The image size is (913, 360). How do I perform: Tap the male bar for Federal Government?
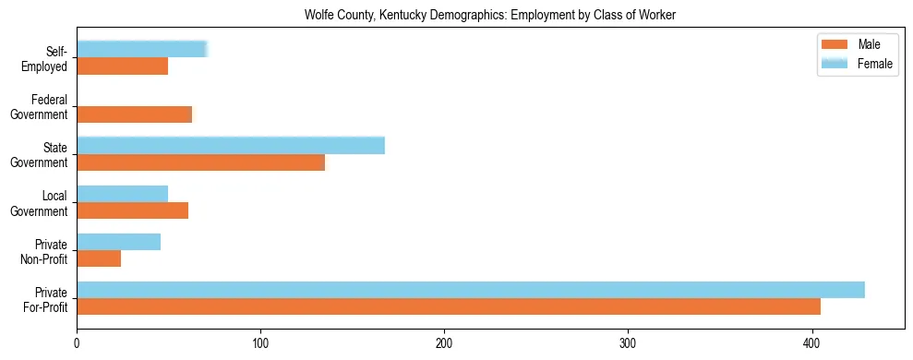pos(135,114)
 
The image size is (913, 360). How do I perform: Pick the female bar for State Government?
pos(231,146)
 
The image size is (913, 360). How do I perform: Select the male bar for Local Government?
pos(133,210)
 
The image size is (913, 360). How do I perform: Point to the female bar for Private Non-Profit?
pos(119,242)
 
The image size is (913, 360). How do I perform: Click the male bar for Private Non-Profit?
pos(99,258)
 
